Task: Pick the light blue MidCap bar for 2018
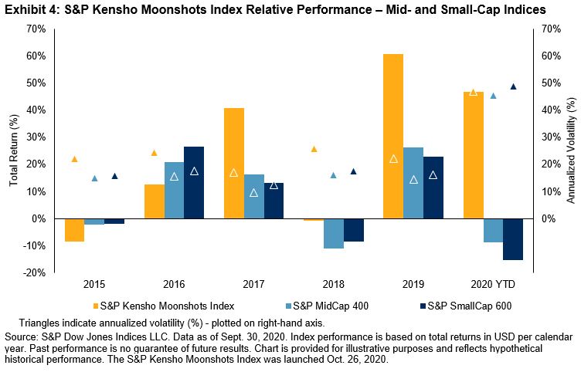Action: (334, 234)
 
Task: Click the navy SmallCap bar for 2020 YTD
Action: (512, 239)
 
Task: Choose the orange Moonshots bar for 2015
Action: (75, 230)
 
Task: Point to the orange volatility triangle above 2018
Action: (314, 149)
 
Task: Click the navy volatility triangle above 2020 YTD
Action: (513, 86)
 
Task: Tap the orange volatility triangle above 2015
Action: (74, 159)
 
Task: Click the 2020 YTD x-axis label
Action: (493, 282)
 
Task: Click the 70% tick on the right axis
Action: (550, 29)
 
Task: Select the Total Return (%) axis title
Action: (13, 150)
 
